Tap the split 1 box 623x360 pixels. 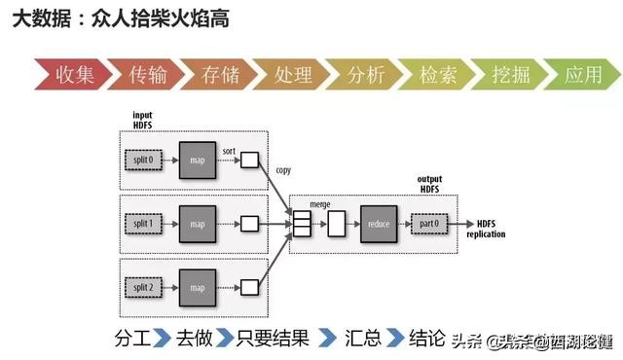click(144, 224)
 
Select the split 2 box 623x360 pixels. click(144, 288)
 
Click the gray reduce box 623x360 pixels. click(379, 224)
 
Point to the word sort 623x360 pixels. click(229, 151)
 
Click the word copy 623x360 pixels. click(283, 168)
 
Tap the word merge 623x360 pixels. click(319, 205)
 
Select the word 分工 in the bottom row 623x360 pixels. click(133, 338)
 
